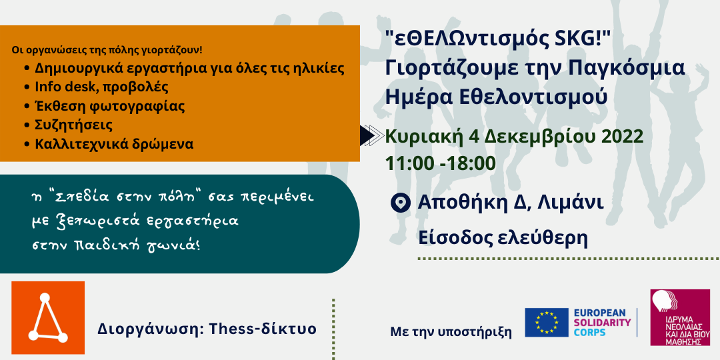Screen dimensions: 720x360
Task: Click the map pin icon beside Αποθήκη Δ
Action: (401, 203)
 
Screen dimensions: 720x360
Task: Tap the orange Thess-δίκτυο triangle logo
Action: (48, 318)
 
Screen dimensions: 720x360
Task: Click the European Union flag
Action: (547, 323)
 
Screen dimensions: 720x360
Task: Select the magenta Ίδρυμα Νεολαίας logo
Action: (680, 317)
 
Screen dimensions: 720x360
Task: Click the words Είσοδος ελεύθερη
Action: (503, 238)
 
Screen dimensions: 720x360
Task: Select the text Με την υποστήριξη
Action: (451, 331)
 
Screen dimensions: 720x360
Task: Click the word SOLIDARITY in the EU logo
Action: (603, 323)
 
